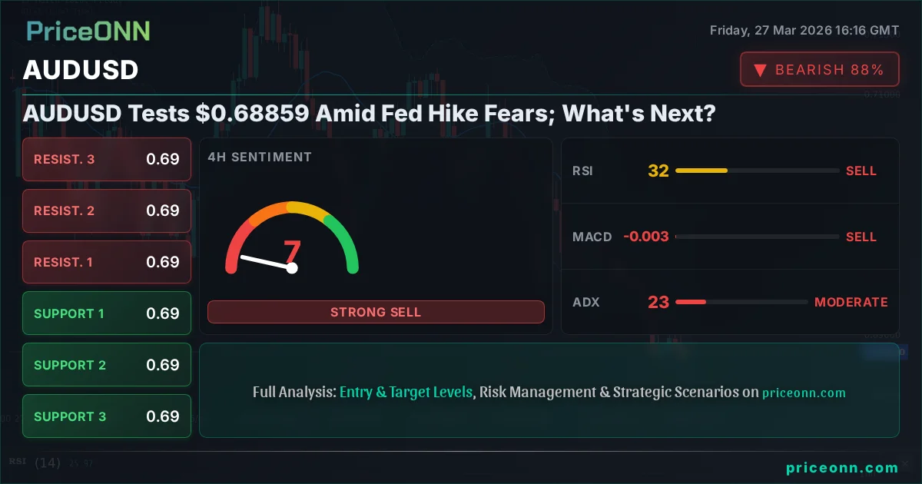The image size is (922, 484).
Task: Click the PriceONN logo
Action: [x=88, y=31]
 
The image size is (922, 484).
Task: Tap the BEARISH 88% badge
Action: [x=819, y=70]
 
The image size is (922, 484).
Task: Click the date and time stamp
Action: [x=804, y=31]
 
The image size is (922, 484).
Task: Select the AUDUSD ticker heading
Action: [x=81, y=70]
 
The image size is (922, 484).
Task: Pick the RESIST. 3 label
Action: [x=65, y=159]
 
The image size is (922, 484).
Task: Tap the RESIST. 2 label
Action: [x=65, y=211]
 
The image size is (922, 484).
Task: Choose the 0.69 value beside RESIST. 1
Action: [x=163, y=262]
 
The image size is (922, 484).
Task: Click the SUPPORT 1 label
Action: [x=69, y=313]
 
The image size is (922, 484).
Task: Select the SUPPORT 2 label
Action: [x=70, y=365]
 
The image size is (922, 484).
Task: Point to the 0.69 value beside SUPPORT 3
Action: [x=163, y=416]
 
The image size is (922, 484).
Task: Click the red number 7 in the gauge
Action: [x=292, y=250]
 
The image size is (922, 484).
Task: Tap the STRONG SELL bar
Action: [x=376, y=312]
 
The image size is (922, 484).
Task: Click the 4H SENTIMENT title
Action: [x=260, y=157]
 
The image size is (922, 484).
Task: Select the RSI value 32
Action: [x=658, y=171]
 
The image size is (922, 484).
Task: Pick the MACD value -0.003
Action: [x=645, y=237]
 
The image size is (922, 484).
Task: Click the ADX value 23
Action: [x=658, y=302]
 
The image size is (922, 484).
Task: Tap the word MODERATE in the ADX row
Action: [x=851, y=302]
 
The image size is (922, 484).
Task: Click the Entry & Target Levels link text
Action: [x=406, y=392]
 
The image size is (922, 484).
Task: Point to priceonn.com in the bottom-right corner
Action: [x=842, y=467]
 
